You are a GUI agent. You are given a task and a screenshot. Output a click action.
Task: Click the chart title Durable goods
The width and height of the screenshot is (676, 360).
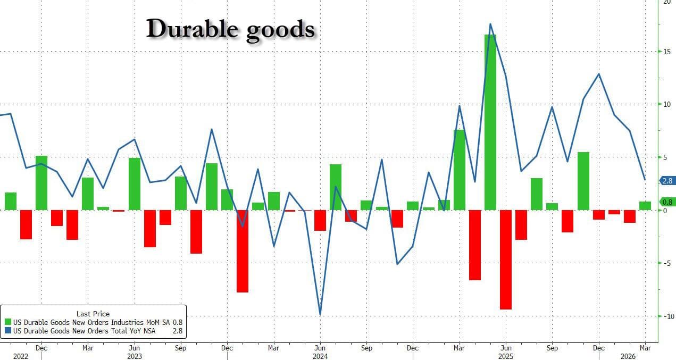click(x=230, y=29)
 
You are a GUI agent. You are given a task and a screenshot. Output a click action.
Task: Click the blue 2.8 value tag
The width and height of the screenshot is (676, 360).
click(x=667, y=181)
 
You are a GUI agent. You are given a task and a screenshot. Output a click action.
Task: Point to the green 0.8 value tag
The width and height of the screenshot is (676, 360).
click(x=667, y=202)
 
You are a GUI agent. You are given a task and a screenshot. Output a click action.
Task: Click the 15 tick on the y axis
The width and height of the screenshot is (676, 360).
click(x=665, y=52)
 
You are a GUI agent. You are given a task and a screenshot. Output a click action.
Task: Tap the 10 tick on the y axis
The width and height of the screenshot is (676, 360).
click(x=665, y=104)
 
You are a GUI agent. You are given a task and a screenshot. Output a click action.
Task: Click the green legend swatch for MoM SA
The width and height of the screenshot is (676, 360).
click(x=8, y=322)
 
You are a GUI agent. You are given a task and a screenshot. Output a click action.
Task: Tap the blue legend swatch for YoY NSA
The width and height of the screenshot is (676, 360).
click(x=8, y=331)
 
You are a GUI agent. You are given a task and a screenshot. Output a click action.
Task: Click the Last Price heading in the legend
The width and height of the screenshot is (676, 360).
click(x=93, y=314)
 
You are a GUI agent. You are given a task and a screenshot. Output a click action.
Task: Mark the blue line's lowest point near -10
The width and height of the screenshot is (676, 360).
click(x=320, y=314)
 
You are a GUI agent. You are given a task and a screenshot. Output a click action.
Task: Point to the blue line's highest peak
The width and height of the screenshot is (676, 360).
click(x=490, y=24)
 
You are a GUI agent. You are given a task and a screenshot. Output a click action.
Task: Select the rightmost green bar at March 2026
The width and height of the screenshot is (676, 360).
click(x=645, y=206)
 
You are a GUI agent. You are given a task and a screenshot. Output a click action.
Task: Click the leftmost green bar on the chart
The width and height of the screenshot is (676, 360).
click(x=11, y=201)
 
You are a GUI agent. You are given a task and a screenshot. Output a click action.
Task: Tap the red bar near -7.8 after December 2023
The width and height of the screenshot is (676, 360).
click(x=243, y=251)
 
